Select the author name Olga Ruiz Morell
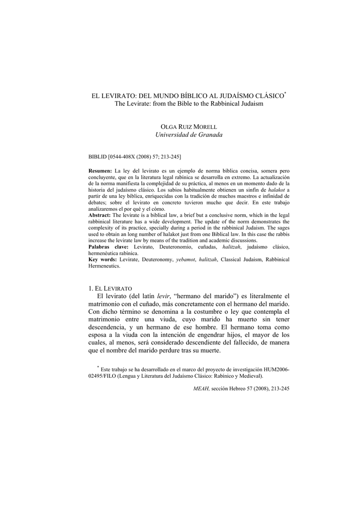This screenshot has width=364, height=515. click(181, 126)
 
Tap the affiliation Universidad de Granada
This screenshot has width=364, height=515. click(181, 135)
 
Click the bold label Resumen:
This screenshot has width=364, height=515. click(100, 171)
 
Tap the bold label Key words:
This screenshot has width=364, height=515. click(102, 260)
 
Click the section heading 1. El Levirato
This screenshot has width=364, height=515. click(110, 289)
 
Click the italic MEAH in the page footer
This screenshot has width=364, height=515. click(201, 389)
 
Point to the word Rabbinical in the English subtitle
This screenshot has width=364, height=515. click(223, 104)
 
